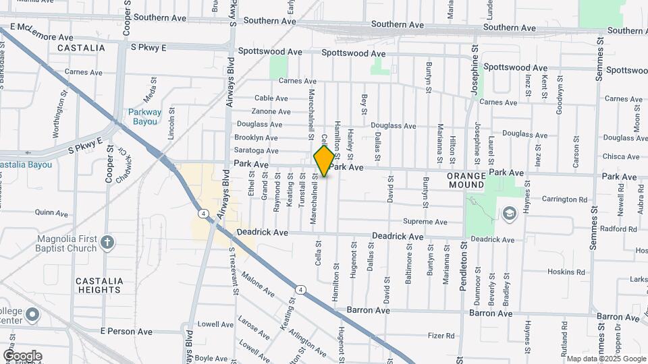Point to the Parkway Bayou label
145,117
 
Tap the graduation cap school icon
508,214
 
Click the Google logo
22,355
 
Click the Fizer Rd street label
442,335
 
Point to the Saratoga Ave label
256,151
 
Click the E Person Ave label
126,332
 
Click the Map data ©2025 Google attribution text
605,359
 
